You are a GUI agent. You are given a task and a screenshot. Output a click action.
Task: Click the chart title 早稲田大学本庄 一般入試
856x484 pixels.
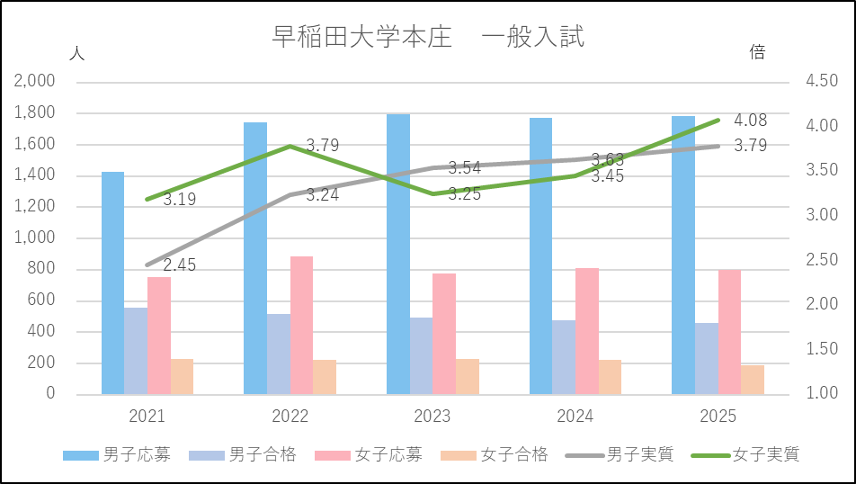point(428,38)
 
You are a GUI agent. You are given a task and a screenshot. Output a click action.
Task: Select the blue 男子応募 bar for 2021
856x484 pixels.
point(112,282)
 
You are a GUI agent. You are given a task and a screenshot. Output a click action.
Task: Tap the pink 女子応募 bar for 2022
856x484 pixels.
point(301,325)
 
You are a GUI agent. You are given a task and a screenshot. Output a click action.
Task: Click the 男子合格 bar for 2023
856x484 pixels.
point(421,355)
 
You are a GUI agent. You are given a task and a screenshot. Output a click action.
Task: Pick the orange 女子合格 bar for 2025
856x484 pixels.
point(753,379)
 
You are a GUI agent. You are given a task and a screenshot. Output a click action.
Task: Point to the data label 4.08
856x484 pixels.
point(751,121)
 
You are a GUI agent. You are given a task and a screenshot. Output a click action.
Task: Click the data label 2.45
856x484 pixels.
point(180,265)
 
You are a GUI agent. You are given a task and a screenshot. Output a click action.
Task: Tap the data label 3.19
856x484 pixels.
point(180,199)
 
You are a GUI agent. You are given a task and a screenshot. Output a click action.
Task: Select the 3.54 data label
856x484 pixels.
point(465,167)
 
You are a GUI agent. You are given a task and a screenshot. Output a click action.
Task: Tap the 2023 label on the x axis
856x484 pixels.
point(432,417)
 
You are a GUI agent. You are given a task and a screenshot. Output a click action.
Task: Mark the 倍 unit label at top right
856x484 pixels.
point(757,53)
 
